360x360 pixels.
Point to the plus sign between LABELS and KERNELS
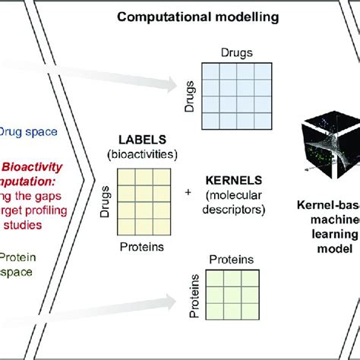click(x=188, y=193)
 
